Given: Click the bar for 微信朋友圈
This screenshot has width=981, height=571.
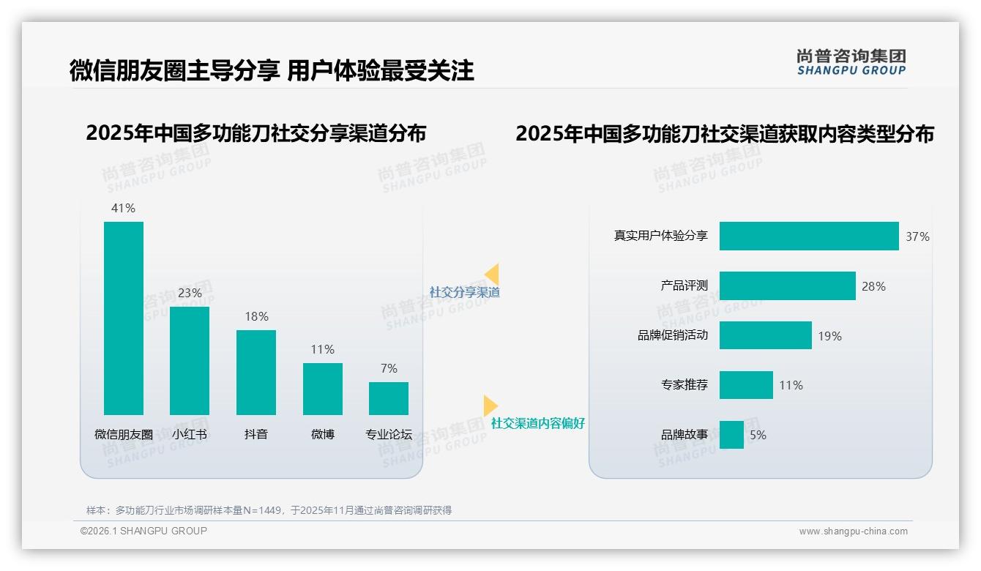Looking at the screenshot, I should click(x=124, y=318).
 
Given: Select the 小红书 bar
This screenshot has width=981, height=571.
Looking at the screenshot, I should click(x=190, y=360).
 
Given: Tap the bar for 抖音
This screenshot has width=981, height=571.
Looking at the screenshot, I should click(x=256, y=372).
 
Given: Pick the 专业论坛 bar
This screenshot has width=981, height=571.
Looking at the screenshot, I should click(x=389, y=398).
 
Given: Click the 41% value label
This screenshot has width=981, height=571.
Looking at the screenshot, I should click(x=123, y=208).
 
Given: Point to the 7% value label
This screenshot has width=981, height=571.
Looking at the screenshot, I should click(x=389, y=368).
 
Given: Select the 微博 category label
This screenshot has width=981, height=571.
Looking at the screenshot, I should click(x=323, y=434).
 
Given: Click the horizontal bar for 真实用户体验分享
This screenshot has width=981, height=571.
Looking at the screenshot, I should click(x=808, y=236).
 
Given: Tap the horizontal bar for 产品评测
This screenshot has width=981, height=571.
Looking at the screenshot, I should click(x=787, y=285).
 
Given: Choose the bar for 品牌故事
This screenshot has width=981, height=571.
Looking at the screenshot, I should click(x=731, y=435).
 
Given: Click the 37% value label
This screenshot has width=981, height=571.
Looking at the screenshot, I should click(x=917, y=236).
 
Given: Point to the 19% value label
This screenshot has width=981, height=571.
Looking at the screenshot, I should click(x=829, y=336).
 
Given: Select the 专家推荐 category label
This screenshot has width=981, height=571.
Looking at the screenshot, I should click(x=685, y=385).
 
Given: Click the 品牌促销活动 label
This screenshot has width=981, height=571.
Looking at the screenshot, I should click(x=673, y=336).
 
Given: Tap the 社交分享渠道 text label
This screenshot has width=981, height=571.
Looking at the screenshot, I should click(x=464, y=292).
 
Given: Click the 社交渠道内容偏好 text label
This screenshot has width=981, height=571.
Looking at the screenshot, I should click(x=537, y=423).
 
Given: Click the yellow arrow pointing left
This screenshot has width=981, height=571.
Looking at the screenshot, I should click(x=492, y=274).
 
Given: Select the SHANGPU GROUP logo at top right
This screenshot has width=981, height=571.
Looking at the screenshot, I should click(x=851, y=62).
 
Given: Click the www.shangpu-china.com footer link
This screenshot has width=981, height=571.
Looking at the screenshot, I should click(x=853, y=531).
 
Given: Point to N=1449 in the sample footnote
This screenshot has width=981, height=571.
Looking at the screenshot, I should click(x=260, y=510).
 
